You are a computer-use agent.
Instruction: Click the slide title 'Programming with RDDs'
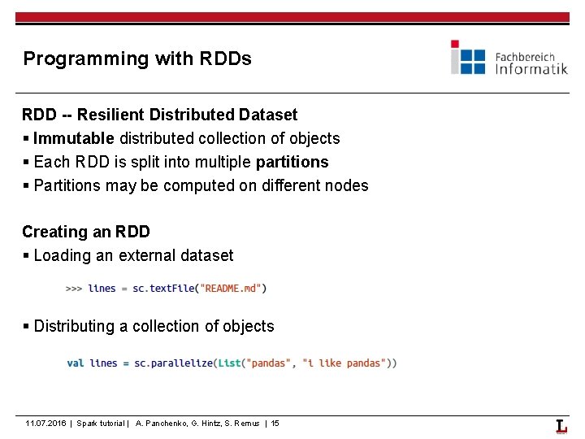137,59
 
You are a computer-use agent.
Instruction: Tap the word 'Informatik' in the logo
531,69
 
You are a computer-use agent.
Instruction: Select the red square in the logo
455,44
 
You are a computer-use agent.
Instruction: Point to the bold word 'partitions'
292,162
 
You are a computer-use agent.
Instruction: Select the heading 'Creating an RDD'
86,232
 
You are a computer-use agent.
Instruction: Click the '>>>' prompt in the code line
73,288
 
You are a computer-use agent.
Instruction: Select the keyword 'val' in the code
76,363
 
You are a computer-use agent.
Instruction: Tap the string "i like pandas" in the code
344,363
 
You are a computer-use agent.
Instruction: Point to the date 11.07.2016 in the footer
46,424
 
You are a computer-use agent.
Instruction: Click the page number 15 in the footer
275,424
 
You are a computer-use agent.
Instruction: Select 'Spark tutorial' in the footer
102,424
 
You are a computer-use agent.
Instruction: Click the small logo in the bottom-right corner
561,426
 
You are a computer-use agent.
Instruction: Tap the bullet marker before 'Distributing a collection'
26,327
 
